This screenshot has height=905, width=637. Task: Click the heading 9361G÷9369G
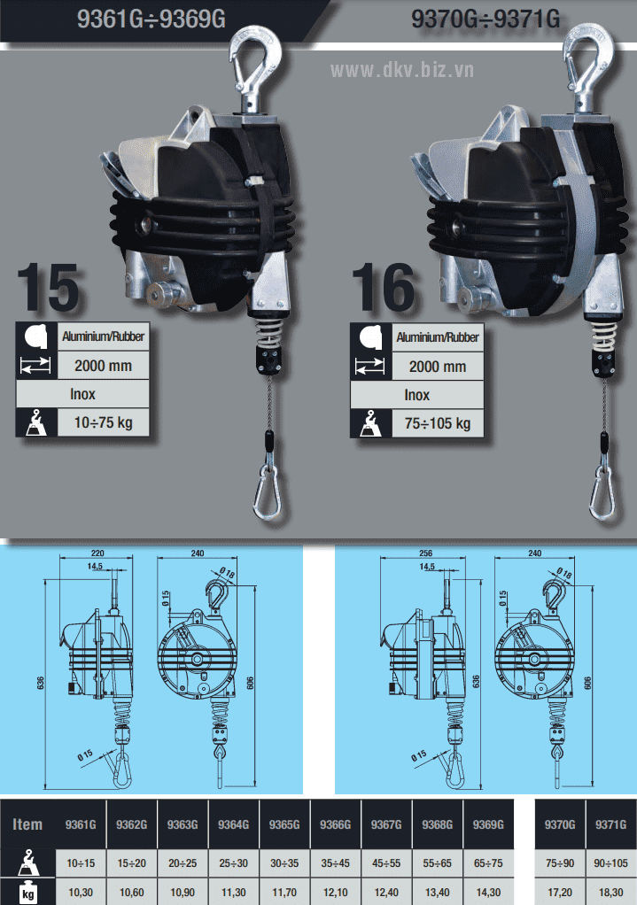coord(151,19)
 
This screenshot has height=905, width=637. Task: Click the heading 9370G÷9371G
coord(486,19)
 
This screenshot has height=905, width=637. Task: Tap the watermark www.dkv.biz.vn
coord(402,70)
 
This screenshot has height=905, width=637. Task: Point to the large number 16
coord(383,288)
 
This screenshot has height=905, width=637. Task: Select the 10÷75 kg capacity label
coord(104,422)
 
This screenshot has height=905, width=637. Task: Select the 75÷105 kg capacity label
coord(438,423)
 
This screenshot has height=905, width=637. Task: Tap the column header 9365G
coord(284,824)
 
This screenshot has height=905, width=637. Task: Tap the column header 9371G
coord(611,824)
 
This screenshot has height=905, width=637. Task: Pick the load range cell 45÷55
coord(386,862)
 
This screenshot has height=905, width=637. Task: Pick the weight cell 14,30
coord(488,893)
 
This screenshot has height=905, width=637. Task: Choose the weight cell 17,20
coord(560,893)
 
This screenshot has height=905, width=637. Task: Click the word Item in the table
coord(27,824)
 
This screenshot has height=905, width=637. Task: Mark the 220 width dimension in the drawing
coord(97,553)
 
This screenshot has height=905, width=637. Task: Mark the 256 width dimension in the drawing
coord(425,553)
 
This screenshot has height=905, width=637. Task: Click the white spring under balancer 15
coord(267,333)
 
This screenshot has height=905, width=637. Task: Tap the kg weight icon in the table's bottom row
coord(27,893)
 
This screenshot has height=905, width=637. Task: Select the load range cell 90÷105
coord(611,862)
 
